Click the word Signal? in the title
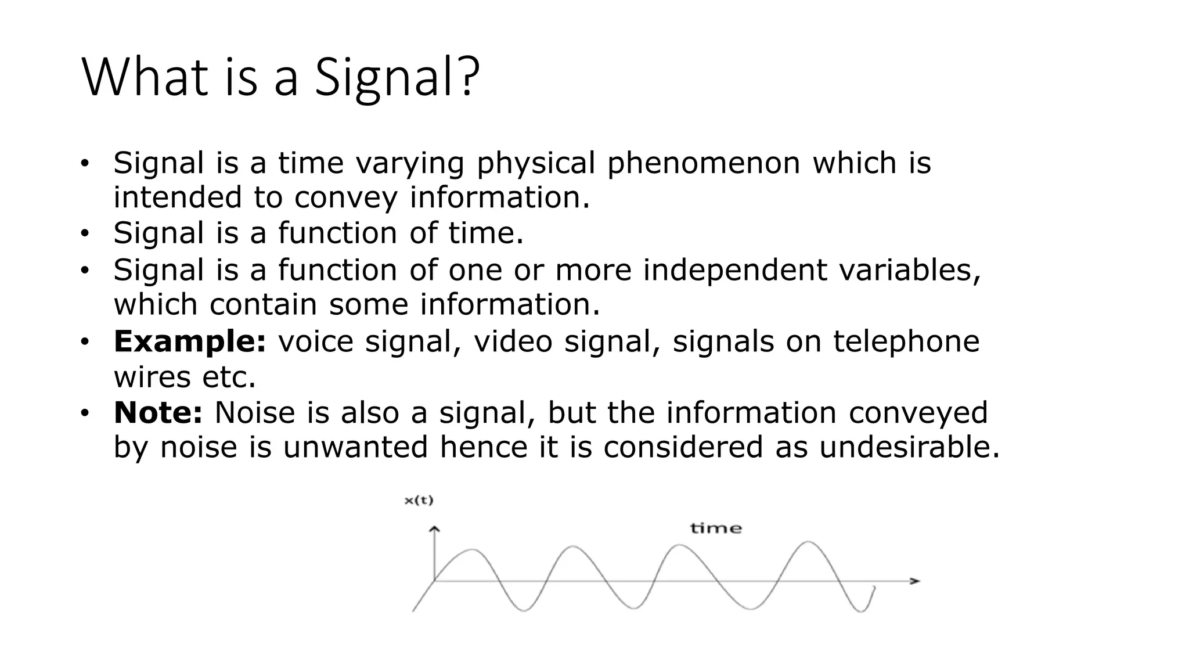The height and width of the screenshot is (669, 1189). (x=397, y=78)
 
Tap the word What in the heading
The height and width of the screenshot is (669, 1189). (x=145, y=78)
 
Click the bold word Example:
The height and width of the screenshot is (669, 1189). (x=190, y=341)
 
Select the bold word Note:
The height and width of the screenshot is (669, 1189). (x=158, y=412)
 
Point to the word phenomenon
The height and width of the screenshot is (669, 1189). (x=703, y=163)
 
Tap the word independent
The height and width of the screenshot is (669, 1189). (x=734, y=270)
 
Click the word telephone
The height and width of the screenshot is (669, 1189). (x=906, y=341)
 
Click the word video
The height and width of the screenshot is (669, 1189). (x=513, y=341)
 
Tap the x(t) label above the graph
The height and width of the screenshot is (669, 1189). (x=419, y=501)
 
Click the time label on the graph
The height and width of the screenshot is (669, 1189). (x=716, y=528)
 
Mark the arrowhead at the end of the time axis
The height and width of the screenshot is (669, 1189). (x=915, y=581)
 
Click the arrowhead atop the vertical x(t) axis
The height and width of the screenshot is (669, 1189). (x=434, y=529)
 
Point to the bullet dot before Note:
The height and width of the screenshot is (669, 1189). (x=85, y=413)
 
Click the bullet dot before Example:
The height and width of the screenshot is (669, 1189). (x=85, y=341)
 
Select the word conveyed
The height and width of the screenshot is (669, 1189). (x=918, y=412)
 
